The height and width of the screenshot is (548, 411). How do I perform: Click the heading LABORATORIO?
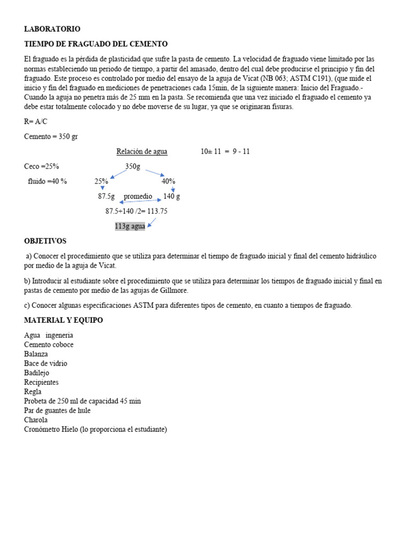click(52, 29)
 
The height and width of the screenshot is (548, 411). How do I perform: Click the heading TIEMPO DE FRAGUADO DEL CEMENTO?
click(96, 44)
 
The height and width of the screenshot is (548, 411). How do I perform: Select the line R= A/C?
click(36, 122)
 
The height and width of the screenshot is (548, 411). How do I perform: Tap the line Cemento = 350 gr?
click(51, 136)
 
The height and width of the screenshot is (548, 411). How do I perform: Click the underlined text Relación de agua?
click(142, 151)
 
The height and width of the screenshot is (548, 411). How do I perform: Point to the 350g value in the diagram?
click(133, 166)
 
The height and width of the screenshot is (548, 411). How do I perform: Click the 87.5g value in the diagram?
click(106, 196)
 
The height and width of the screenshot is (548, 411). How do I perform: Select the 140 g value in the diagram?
click(171, 196)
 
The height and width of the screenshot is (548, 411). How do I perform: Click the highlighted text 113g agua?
click(130, 226)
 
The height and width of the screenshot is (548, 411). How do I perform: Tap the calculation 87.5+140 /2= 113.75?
click(136, 211)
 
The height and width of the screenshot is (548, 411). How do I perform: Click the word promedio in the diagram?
click(138, 196)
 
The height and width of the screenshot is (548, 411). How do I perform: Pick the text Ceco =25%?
click(42, 166)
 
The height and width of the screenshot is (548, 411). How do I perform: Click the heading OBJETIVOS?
click(45, 241)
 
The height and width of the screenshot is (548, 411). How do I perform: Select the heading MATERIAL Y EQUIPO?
click(64, 320)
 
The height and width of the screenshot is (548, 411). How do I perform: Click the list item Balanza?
click(36, 354)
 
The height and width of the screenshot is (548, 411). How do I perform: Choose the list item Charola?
click(36, 420)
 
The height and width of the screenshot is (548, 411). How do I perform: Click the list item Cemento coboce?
click(49, 345)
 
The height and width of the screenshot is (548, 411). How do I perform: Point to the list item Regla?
click(33, 392)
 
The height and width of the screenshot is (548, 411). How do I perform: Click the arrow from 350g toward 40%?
click(154, 172)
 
